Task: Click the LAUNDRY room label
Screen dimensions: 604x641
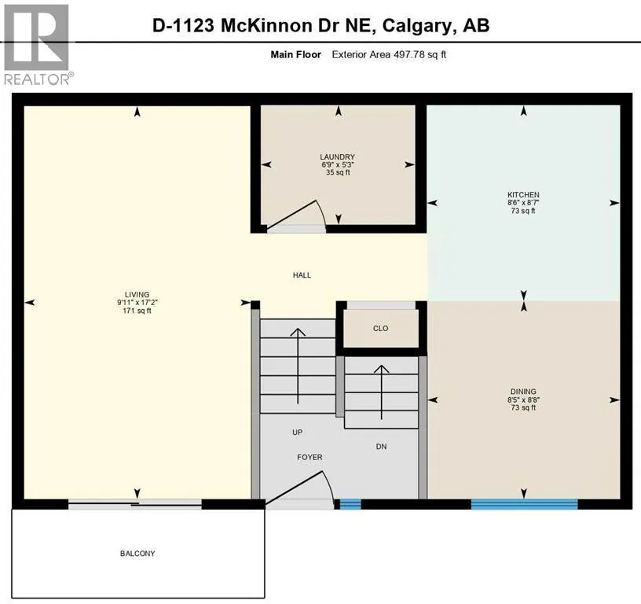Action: click(x=338, y=157)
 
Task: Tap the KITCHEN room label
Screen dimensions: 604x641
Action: click(x=522, y=194)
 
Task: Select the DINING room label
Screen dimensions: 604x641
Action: click(x=522, y=391)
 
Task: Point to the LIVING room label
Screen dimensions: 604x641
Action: click(x=137, y=294)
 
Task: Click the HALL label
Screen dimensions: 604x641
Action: click(x=302, y=275)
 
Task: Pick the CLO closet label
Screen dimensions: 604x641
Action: click(x=381, y=328)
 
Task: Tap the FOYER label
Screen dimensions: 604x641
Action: click(x=309, y=457)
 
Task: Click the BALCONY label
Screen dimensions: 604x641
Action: click(x=137, y=554)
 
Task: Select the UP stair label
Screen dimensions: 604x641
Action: click(x=297, y=433)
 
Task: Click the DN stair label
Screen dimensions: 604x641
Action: click(x=380, y=447)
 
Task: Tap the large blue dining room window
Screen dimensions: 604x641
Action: click(x=524, y=504)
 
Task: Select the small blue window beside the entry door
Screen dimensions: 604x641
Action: click(x=350, y=504)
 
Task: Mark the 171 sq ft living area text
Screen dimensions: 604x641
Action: click(x=137, y=311)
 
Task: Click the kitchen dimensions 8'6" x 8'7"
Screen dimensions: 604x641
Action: click(x=522, y=202)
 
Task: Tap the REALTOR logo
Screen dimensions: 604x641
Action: click(x=38, y=43)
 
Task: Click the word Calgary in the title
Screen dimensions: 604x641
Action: click(x=418, y=25)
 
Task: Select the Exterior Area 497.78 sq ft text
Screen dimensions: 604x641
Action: click(x=389, y=54)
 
